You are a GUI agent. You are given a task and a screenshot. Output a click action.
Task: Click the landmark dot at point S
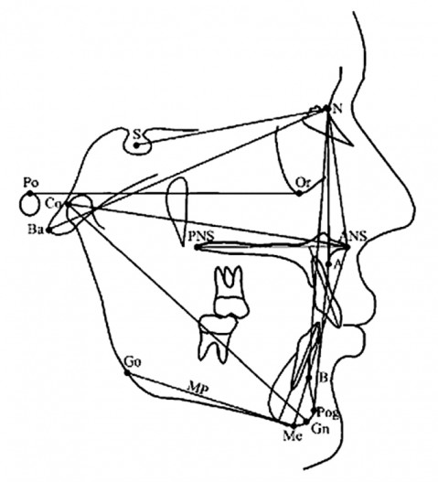pos(136,145)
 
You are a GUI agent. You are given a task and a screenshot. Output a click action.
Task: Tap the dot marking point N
pos(327,108)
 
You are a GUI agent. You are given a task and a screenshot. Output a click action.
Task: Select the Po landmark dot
pos(30,193)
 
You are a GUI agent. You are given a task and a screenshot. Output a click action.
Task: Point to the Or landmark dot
pos(299,193)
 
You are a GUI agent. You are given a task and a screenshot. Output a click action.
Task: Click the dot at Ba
pos(48,230)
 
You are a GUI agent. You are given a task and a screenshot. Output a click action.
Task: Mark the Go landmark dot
pos(126,372)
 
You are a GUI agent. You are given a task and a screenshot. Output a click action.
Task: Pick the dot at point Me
pos(294,426)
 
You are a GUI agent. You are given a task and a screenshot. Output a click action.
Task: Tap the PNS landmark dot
pos(197,247)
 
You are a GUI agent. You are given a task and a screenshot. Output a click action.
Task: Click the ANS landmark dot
pos(347,247)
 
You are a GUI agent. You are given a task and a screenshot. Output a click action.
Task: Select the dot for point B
pos(309,378)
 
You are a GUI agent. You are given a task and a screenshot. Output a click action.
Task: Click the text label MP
pos(198,390)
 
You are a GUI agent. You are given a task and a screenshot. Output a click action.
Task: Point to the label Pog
pos(328,412)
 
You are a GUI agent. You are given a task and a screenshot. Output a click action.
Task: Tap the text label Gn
pos(320,429)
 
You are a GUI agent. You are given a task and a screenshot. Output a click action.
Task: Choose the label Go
pos(133,362)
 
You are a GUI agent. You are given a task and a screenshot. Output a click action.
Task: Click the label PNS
pos(200,236)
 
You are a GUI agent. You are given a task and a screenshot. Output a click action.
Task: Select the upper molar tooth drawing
pos(230,292)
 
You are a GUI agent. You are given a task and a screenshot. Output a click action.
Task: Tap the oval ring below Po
pos(29,205)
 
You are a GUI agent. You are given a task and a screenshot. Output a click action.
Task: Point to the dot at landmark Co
pos(68,204)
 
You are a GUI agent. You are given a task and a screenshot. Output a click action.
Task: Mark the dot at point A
pos(328,263)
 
